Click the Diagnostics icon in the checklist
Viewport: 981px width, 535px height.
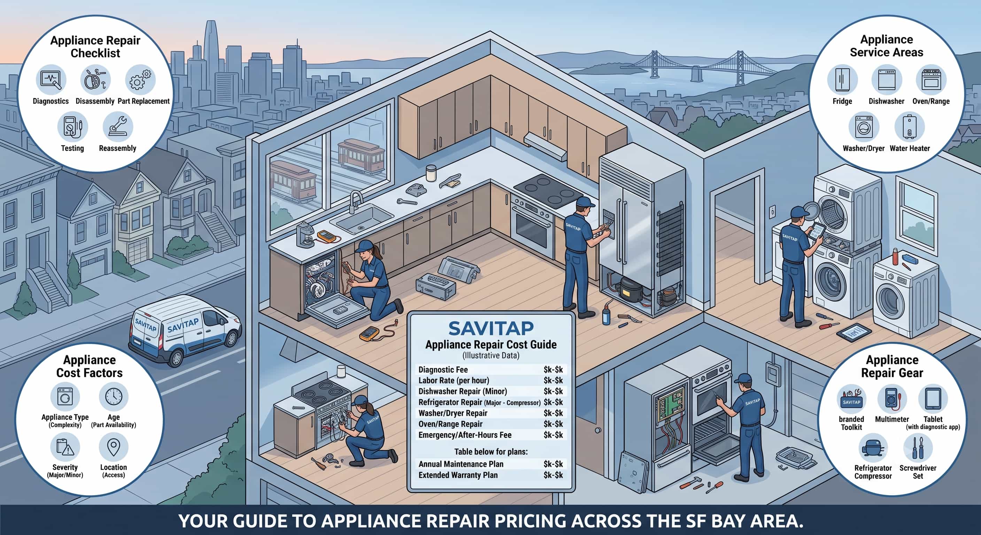(x=51, y=79)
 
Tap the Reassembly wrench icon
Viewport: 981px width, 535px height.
(x=118, y=126)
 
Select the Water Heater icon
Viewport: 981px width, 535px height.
(x=909, y=127)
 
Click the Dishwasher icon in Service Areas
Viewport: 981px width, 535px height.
(x=887, y=79)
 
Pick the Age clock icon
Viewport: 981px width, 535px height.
(x=114, y=397)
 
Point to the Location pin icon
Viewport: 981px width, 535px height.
(x=114, y=447)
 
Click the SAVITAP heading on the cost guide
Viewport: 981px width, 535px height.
(x=491, y=328)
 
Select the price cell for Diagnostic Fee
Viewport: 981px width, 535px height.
(x=553, y=369)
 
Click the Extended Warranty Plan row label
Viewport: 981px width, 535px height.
(x=458, y=475)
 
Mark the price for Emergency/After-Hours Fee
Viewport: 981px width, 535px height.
(x=553, y=435)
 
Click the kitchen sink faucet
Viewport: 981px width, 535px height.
(x=355, y=201)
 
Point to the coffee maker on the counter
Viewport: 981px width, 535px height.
(x=305, y=234)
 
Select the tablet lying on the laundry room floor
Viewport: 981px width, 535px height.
(x=853, y=333)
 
